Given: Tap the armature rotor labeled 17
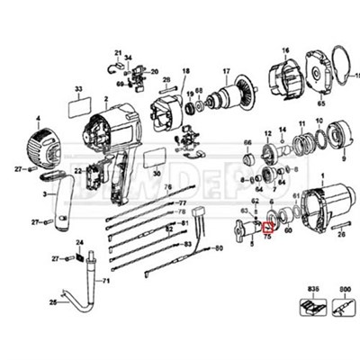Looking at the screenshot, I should click(x=238, y=95).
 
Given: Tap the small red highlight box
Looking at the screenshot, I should click(x=266, y=228).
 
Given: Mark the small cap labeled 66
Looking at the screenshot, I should click(x=247, y=163).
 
